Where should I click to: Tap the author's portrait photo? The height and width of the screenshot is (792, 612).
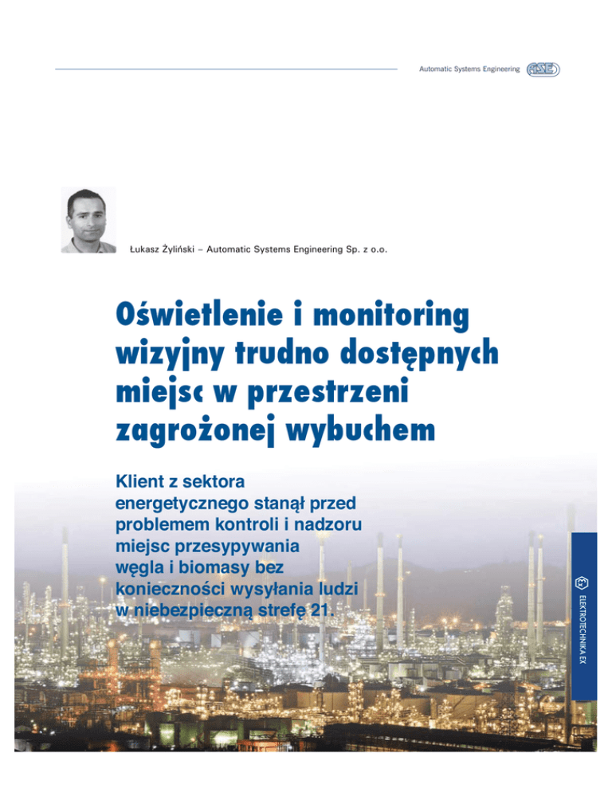pyautogui.click(x=88, y=220)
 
